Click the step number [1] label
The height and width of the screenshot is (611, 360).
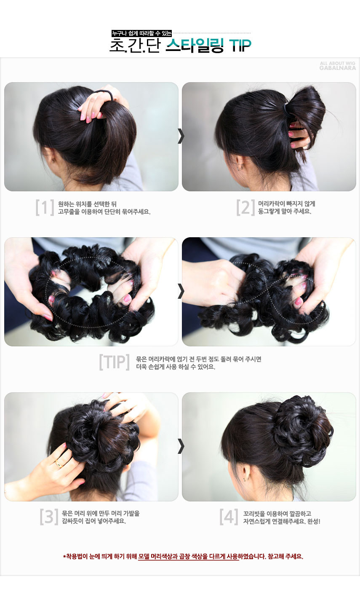point(45,208)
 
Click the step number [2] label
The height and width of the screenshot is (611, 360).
point(245,208)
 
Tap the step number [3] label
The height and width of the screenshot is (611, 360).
point(48,517)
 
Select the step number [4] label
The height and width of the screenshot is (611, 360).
point(229,517)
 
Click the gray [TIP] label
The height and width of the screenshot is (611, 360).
point(114,362)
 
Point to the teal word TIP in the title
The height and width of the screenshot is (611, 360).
point(240,46)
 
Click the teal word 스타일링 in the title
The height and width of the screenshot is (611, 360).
point(194,46)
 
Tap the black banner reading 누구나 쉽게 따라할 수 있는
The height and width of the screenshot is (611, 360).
point(141,33)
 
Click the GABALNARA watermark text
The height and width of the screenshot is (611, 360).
point(337,67)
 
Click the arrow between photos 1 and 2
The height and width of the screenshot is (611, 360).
point(181,136)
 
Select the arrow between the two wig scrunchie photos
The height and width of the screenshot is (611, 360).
point(181,291)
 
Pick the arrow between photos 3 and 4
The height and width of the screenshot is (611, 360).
point(181,446)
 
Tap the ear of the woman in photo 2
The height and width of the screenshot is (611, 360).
point(240,162)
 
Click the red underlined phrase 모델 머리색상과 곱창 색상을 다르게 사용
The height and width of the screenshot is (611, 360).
point(188,556)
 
